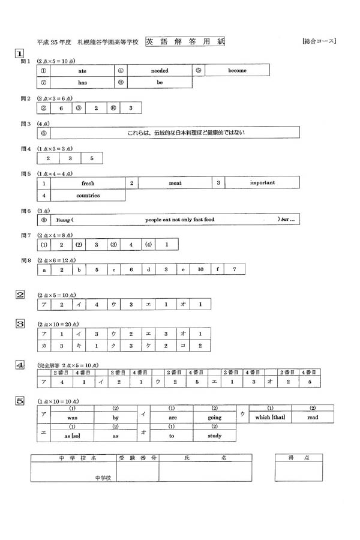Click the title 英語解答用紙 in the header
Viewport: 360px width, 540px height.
click(184, 42)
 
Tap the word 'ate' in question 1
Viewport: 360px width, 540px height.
click(82, 71)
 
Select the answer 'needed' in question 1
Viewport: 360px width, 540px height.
click(159, 71)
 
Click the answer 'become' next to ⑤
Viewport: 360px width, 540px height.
click(237, 70)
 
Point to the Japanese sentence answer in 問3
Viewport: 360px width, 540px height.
click(178, 133)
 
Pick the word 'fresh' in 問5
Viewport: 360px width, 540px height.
click(88, 182)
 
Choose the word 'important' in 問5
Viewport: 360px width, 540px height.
click(262, 182)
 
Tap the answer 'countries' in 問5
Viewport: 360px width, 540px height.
click(88, 196)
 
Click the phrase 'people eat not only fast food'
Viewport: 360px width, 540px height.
click(179, 220)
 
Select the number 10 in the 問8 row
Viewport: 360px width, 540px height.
click(200, 270)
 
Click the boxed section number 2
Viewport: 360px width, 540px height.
click(20, 294)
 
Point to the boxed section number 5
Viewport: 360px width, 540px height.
click(20, 400)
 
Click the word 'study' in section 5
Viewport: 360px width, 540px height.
click(214, 436)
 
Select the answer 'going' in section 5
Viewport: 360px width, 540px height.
click(214, 417)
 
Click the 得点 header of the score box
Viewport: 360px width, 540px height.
click(298, 457)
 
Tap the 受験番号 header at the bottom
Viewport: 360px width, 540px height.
click(137, 457)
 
